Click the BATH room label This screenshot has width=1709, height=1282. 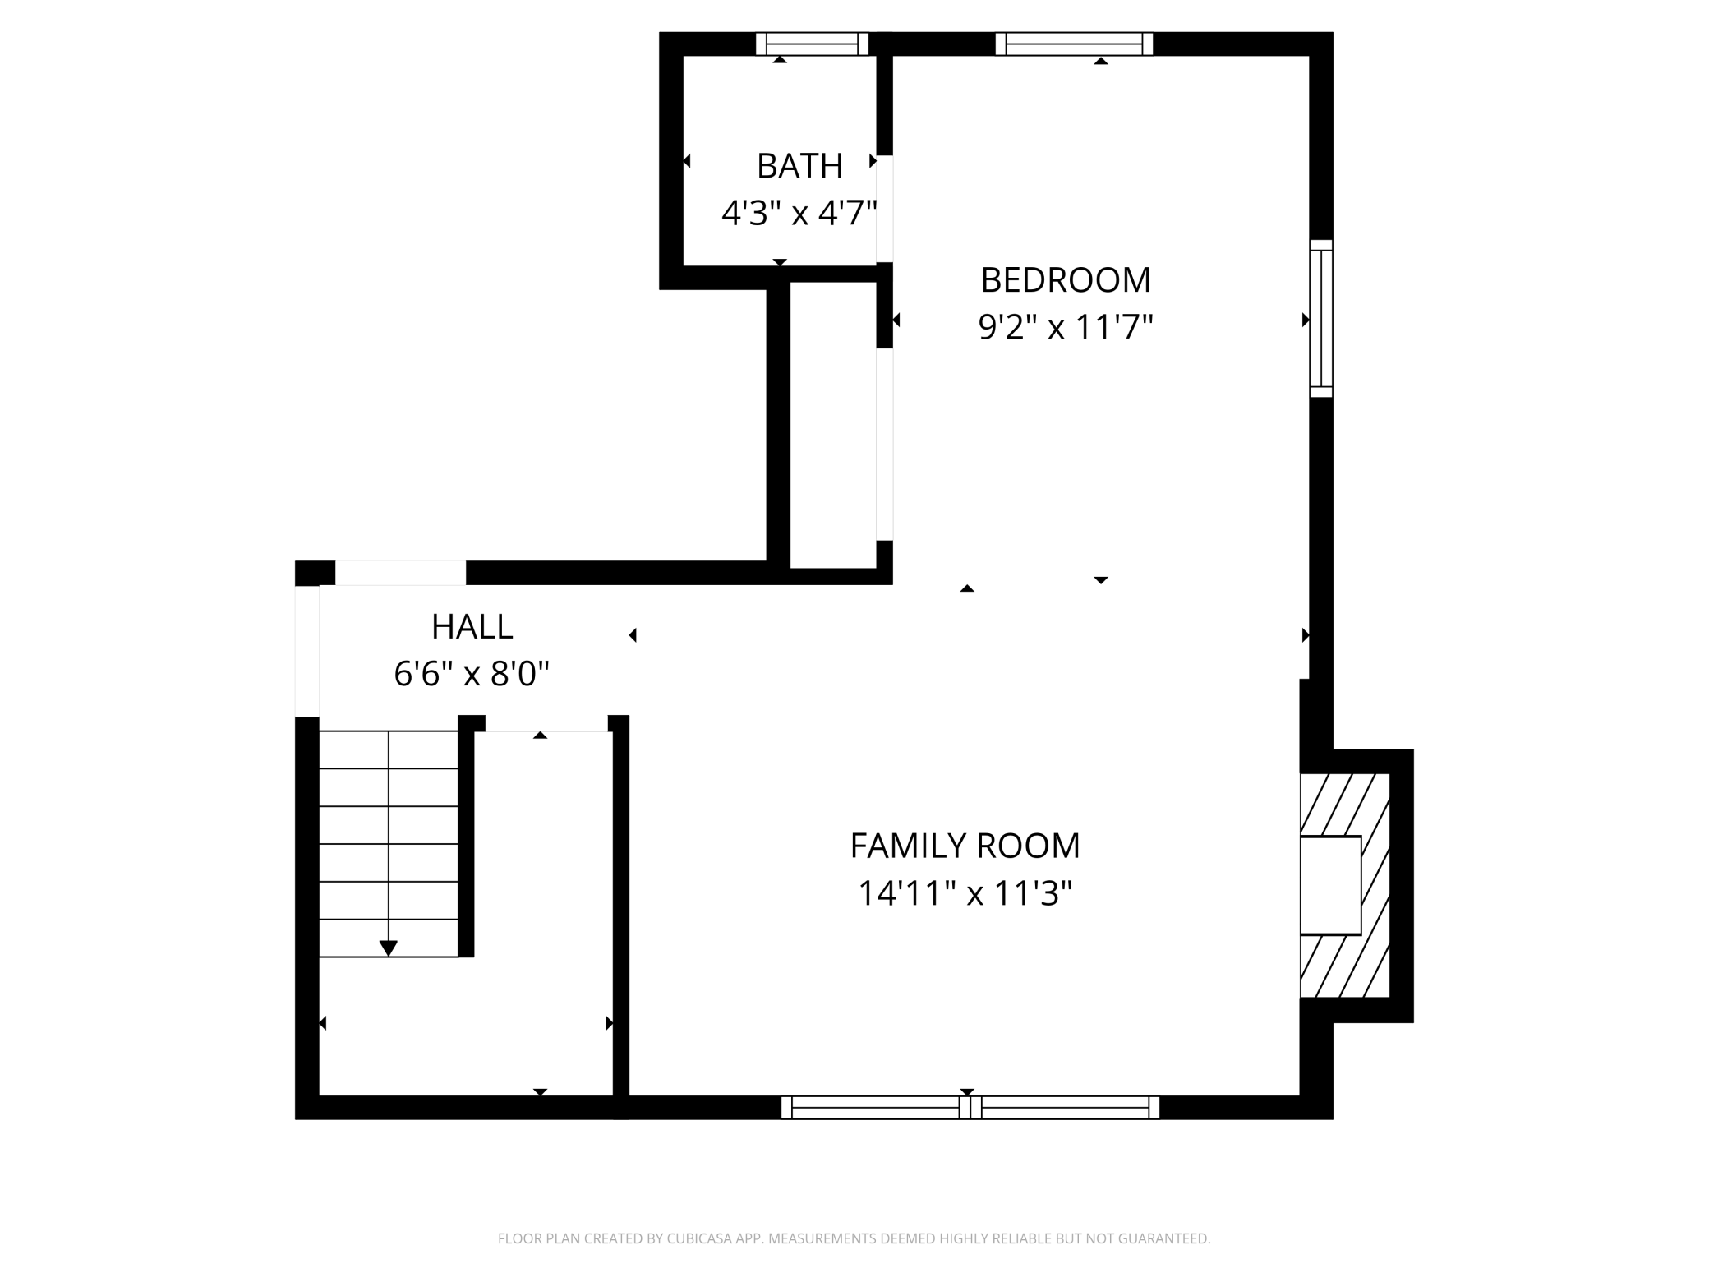[x=799, y=166]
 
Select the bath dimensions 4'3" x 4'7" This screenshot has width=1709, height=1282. [x=799, y=214]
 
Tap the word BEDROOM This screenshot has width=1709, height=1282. [x=1065, y=280]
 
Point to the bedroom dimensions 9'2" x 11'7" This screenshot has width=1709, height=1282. [x=1065, y=328]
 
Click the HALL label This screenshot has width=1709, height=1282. [x=472, y=627]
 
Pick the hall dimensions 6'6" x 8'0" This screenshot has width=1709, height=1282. [x=472, y=675]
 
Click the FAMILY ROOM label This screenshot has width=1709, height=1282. [x=965, y=846]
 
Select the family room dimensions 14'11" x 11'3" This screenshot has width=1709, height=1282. [x=965, y=893]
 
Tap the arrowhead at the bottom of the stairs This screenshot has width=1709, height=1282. [x=388, y=948]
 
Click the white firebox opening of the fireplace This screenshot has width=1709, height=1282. [x=1329, y=885]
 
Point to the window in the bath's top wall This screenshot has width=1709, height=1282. [x=812, y=44]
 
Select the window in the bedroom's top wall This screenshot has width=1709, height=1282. [x=1073, y=44]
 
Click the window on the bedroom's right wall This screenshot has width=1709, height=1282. [x=1320, y=319]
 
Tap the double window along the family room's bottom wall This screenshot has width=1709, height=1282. [x=970, y=1107]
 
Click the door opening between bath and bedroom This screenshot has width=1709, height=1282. [x=884, y=209]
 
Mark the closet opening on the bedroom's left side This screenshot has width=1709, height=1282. [x=884, y=445]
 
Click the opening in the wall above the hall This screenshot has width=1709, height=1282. [x=400, y=573]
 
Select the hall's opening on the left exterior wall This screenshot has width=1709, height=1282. [x=306, y=651]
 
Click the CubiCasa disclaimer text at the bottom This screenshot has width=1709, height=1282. [x=854, y=1238]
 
